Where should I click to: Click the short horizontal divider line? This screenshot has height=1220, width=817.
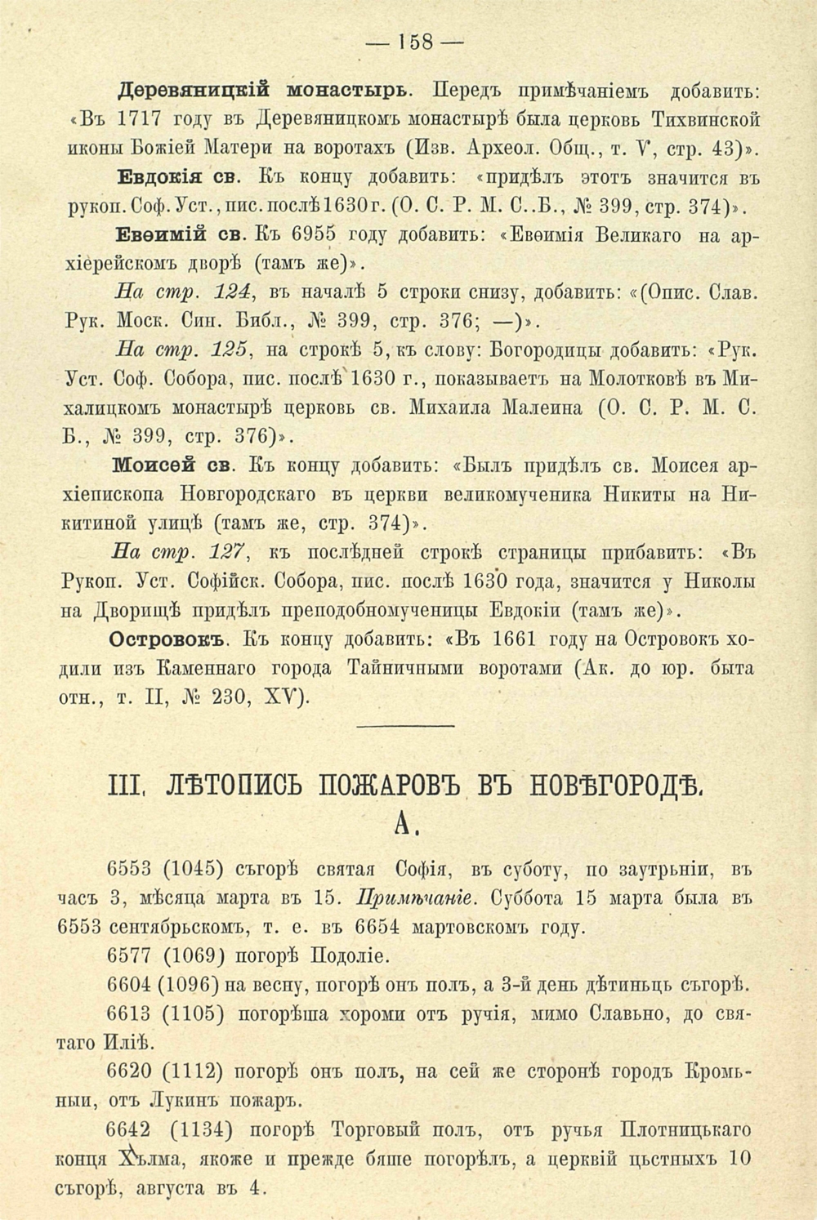click(x=406, y=725)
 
